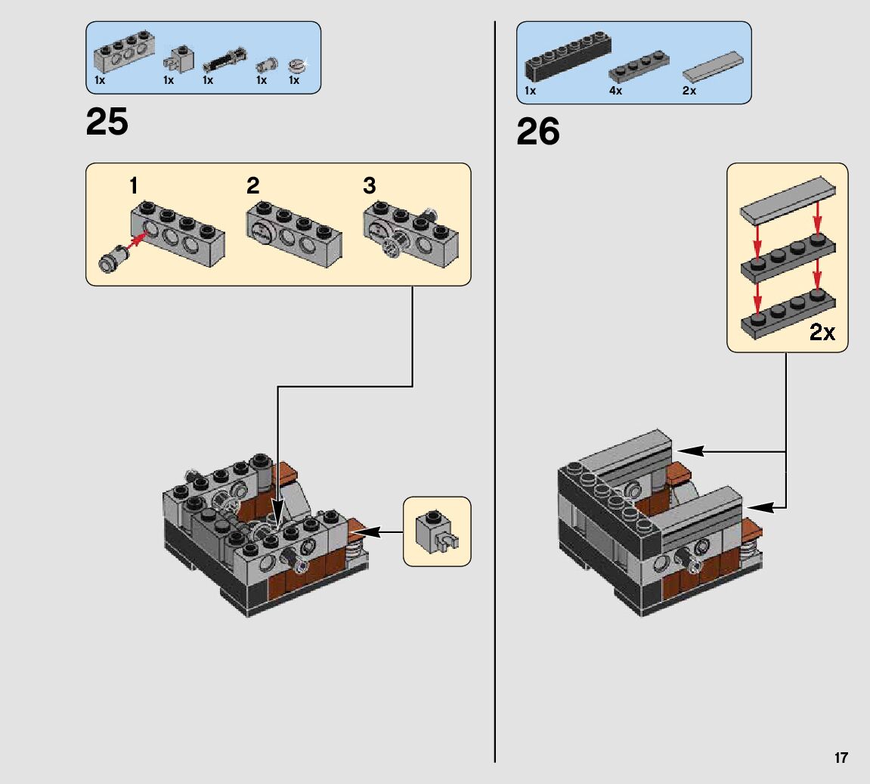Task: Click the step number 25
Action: (107, 122)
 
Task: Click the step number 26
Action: (538, 132)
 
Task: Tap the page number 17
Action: (841, 758)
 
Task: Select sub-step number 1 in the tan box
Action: (134, 185)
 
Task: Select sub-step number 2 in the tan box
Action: (252, 185)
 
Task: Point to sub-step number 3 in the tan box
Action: (369, 185)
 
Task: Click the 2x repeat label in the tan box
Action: (822, 332)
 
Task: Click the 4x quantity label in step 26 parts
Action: (615, 91)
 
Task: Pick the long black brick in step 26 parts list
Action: (568, 57)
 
